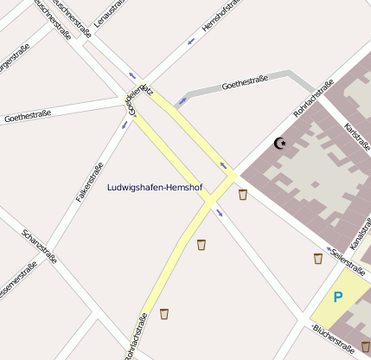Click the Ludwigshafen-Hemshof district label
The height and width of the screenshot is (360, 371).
(x=154, y=187)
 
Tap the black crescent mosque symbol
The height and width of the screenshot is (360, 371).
(x=279, y=143)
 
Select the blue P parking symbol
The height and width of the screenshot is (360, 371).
(x=338, y=298)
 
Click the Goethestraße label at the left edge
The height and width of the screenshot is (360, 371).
(x=28, y=114)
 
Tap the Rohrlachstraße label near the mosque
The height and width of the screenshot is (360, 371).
(x=313, y=99)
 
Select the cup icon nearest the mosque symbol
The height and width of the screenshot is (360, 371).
(x=243, y=195)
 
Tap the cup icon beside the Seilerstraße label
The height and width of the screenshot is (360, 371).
(x=318, y=258)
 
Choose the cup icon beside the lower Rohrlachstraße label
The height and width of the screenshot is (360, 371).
(x=163, y=313)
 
